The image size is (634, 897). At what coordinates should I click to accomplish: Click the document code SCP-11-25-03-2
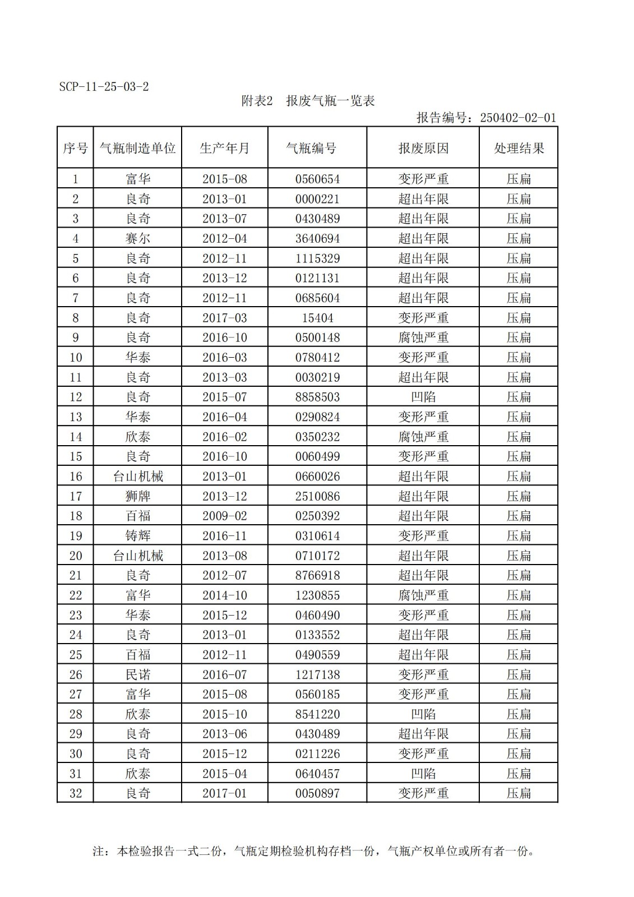104,87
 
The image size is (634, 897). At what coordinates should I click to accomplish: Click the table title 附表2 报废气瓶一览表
308,101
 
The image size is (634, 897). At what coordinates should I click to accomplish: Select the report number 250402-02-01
518,118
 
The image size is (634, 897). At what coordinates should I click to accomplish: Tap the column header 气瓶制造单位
137,148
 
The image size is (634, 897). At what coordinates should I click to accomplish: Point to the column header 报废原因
423,148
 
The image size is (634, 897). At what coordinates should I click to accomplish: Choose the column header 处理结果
519,148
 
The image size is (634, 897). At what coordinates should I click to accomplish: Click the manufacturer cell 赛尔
137,238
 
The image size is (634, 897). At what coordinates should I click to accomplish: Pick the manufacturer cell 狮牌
137,496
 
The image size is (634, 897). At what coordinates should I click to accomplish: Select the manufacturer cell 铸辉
137,536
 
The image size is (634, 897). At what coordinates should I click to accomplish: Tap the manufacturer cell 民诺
137,674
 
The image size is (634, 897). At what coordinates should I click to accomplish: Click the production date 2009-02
224,516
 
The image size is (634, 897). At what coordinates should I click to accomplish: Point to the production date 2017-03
224,318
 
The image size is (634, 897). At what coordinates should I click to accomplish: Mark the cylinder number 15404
317,318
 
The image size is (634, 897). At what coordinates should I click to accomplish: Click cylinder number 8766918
317,575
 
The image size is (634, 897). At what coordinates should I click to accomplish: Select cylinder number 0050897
317,793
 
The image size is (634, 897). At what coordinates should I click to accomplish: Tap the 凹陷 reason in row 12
423,397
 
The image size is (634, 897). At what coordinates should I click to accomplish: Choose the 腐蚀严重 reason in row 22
423,595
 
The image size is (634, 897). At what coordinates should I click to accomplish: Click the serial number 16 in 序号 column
76,477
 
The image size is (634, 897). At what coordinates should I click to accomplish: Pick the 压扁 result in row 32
519,793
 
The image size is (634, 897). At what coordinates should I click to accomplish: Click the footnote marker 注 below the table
98,851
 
